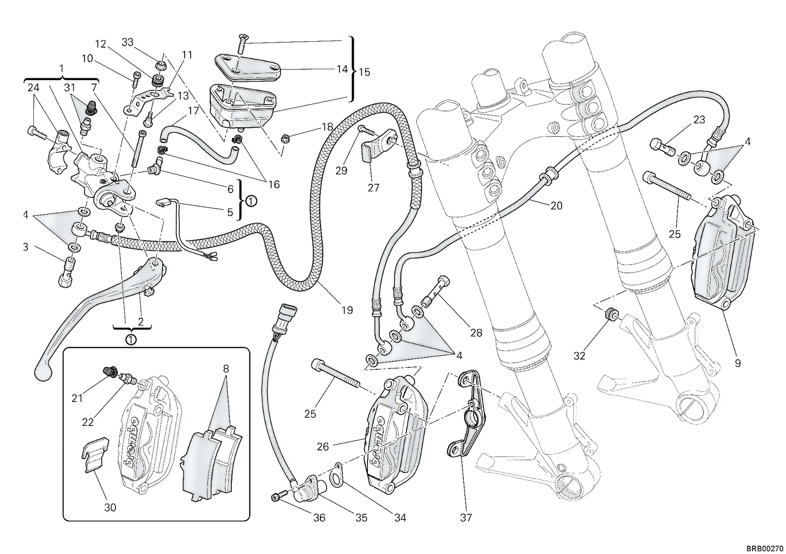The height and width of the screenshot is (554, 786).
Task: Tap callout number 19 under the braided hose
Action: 347,310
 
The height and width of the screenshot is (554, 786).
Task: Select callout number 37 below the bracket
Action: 466,518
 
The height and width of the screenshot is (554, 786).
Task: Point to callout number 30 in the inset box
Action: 110,508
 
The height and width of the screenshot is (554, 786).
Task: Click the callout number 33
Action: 127,42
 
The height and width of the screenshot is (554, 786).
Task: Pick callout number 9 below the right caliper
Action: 737,363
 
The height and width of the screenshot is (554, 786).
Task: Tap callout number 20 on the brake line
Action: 556,205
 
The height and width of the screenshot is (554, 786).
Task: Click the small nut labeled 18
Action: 285,138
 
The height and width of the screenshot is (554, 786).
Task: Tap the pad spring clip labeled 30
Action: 95,454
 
